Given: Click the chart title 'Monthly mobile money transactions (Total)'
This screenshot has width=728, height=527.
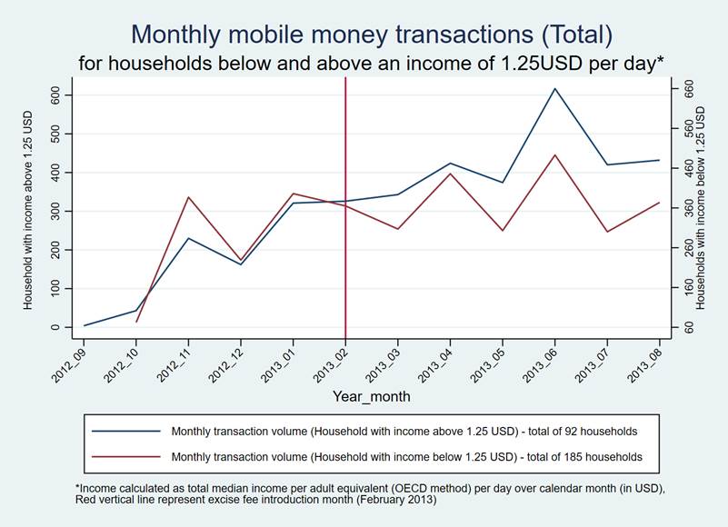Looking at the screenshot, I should click(x=372, y=35).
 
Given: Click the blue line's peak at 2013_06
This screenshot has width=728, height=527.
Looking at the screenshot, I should click(x=554, y=89).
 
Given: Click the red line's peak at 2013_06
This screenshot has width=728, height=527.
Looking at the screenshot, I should click(x=554, y=154).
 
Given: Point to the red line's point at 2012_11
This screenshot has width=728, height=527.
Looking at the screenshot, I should click(x=188, y=197).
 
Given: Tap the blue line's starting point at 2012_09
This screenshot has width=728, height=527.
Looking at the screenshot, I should click(x=85, y=325).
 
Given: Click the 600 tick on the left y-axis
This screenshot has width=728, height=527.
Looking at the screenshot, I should click(x=55, y=95).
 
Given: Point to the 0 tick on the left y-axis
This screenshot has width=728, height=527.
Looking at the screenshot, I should click(x=55, y=326).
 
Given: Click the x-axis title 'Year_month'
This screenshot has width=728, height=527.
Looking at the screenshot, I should click(x=371, y=396).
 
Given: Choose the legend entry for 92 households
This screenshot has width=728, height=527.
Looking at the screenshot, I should click(x=397, y=431).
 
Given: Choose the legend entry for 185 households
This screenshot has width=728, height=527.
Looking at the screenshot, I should click(x=400, y=456).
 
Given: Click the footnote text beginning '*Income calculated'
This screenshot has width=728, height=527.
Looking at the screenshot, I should click(x=371, y=494).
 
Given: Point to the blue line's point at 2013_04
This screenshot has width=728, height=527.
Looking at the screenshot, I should click(x=450, y=164).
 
